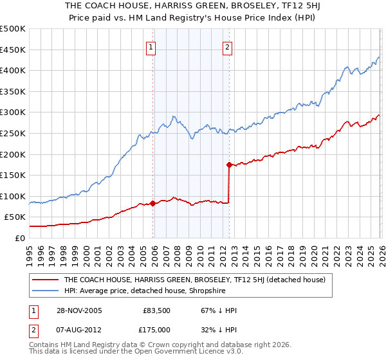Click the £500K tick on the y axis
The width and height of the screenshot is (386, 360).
pos(13,29)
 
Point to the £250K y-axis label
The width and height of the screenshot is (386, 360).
pos(13,133)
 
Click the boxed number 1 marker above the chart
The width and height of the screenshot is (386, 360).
pos(151,46)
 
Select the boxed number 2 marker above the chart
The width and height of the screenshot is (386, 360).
pos(228,46)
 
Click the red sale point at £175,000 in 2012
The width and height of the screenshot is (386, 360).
pos(229,165)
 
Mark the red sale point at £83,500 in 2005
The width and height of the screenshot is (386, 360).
pos(153,203)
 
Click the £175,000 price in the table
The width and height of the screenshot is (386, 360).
pos(156,330)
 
